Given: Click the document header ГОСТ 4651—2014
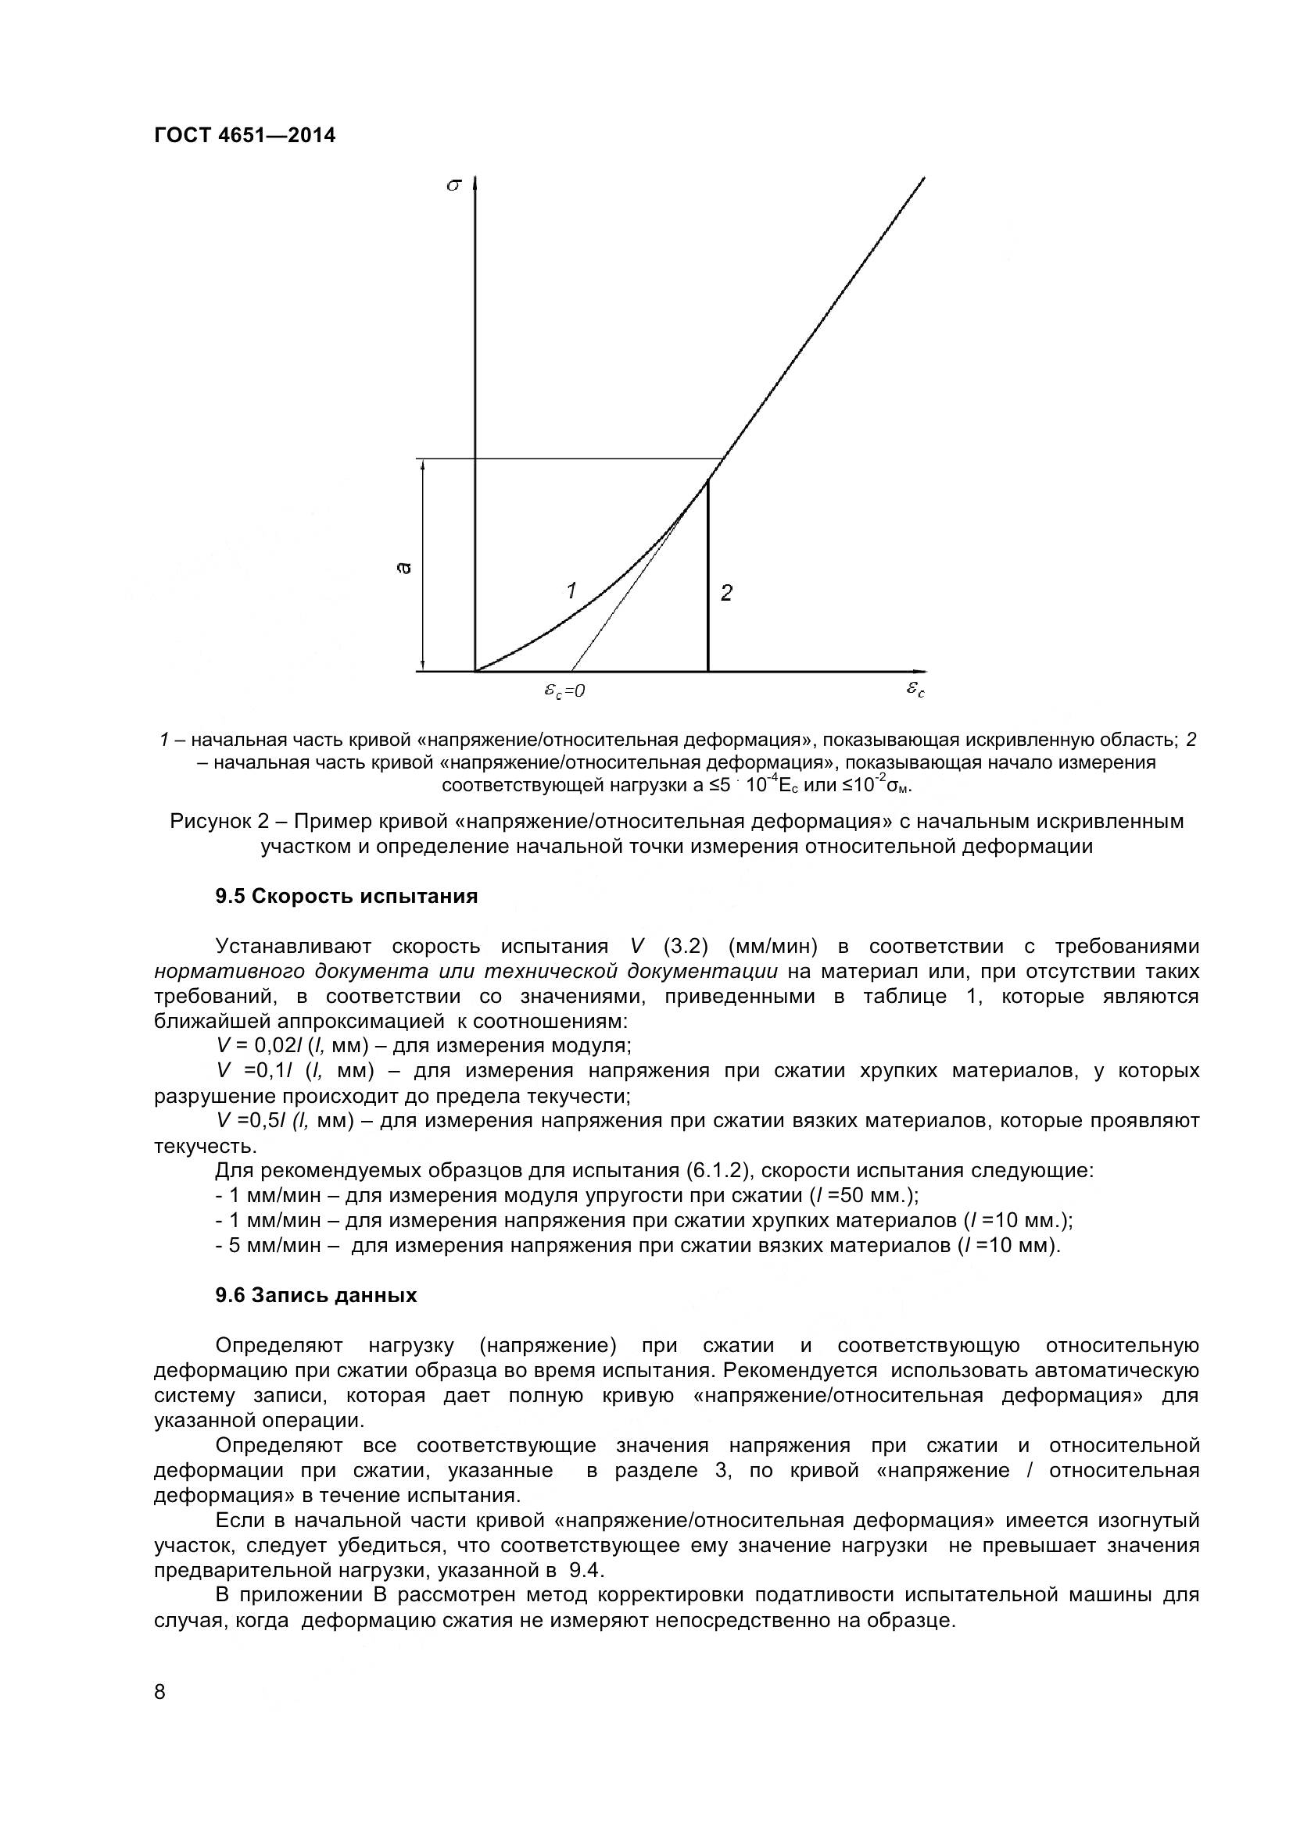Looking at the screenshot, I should (x=245, y=135).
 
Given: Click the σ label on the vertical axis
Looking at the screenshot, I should (x=454, y=185).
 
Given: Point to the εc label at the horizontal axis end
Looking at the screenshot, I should (x=915, y=689).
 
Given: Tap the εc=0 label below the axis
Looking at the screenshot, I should (x=564, y=690).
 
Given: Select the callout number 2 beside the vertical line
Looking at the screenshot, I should (x=726, y=593).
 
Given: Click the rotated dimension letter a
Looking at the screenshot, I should (x=403, y=567).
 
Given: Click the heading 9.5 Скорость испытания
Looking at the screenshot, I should (x=346, y=897).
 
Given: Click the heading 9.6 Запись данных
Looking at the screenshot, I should (x=316, y=1295).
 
